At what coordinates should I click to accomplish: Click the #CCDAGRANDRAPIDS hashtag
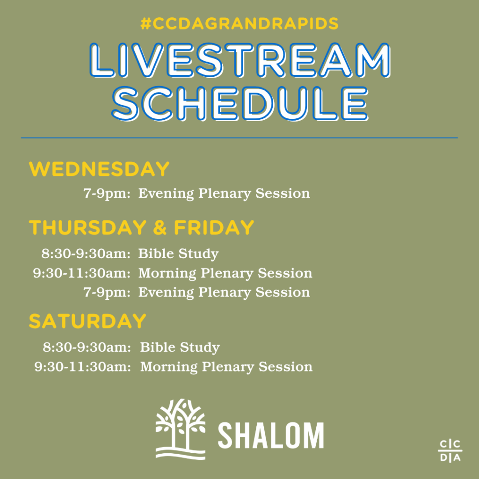239,24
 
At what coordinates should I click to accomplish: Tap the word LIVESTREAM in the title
240,60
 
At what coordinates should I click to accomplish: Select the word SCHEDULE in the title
240,104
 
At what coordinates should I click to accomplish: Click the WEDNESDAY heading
99,169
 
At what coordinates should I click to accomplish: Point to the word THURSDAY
87,228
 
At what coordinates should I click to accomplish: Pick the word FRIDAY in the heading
214,228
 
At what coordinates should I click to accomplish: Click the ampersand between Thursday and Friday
160,228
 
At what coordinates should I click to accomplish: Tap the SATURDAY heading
87,321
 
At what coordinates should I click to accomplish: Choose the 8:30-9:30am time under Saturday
87,348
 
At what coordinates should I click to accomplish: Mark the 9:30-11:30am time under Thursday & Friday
82,273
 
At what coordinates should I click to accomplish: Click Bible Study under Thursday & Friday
178,254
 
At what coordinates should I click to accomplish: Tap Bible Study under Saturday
180,348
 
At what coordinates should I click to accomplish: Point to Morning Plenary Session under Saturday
226,367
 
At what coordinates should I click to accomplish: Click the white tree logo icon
181,429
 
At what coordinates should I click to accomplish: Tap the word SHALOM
271,435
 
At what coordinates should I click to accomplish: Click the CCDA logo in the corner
450,450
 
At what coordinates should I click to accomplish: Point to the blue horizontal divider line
239,138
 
